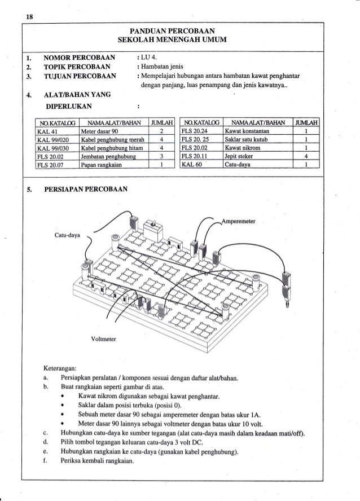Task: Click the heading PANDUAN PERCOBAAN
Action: pos(179,30)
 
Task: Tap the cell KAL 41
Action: pos(45,130)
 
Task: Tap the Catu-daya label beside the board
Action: pos(68,231)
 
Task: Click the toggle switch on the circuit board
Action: pos(153,227)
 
